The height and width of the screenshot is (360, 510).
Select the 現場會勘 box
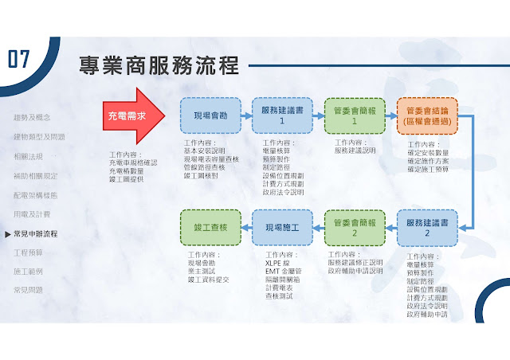click(x=210, y=116)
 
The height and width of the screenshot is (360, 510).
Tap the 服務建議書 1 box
click(x=282, y=116)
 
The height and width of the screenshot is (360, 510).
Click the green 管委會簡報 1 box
click(x=354, y=116)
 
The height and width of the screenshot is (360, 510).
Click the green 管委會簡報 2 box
click(x=354, y=227)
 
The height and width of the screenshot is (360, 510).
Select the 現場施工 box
click(x=282, y=227)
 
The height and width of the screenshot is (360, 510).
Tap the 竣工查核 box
click(x=210, y=227)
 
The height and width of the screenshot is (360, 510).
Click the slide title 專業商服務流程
click(x=159, y=65)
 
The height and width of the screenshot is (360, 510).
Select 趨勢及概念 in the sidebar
click(x=36, y=118)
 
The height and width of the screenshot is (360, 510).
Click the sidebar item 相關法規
click(x=29, y=156)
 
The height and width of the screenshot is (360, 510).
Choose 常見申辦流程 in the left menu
click(x=36, y=233)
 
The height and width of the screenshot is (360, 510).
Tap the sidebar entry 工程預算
click(x=29, y=252)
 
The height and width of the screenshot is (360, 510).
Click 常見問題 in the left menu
click(x=29, y=291)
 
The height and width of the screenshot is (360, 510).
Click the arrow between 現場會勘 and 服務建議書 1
click(x=246, y=116)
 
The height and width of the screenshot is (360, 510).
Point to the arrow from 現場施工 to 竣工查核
click(x=246, y=227)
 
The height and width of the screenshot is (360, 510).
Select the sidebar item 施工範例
click(x=29, y=272)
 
